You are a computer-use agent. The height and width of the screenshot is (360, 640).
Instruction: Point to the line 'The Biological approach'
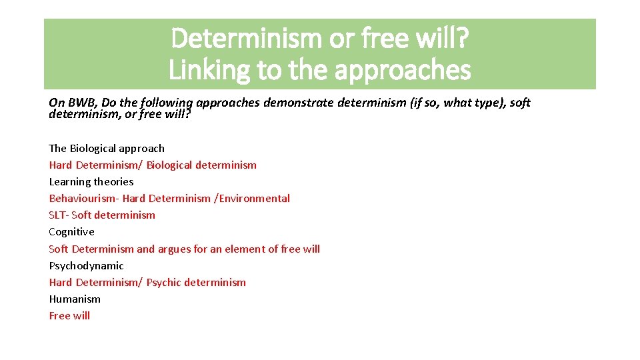click(x=107, y=148)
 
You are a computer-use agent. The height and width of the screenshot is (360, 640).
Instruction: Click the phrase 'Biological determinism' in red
click(x=201, y=165)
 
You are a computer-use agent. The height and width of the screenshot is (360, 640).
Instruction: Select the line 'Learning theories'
click(x=91, y=181)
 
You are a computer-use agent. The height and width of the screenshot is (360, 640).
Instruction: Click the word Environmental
click(x=254, y=198)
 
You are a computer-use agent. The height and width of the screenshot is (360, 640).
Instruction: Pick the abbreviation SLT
click(x=58, y=215)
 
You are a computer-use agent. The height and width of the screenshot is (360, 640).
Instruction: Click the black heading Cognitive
click(x=71, y=231)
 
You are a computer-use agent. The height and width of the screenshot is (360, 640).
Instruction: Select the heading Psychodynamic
click(x=86, y=265)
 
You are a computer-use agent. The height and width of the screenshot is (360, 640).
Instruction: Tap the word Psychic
click(x=164, y=282)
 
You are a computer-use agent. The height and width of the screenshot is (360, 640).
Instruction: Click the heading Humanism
click(x=75, y=299)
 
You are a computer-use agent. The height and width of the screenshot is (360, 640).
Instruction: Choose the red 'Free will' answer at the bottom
click(x=69, y=315)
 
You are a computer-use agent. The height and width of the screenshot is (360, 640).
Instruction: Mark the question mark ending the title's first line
click(x=461, y=39)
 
